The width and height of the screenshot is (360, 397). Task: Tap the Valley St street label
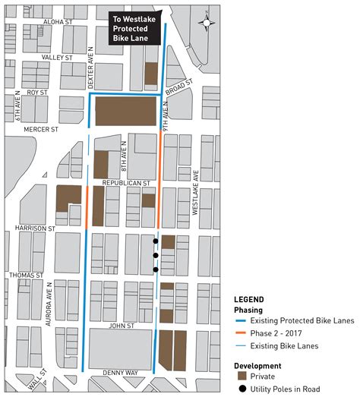pos(57,57)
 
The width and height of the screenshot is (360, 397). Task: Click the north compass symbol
pos(206,22)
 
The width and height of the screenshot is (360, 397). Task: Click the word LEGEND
pos(248,299)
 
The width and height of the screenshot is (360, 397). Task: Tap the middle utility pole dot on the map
pos(156,256)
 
